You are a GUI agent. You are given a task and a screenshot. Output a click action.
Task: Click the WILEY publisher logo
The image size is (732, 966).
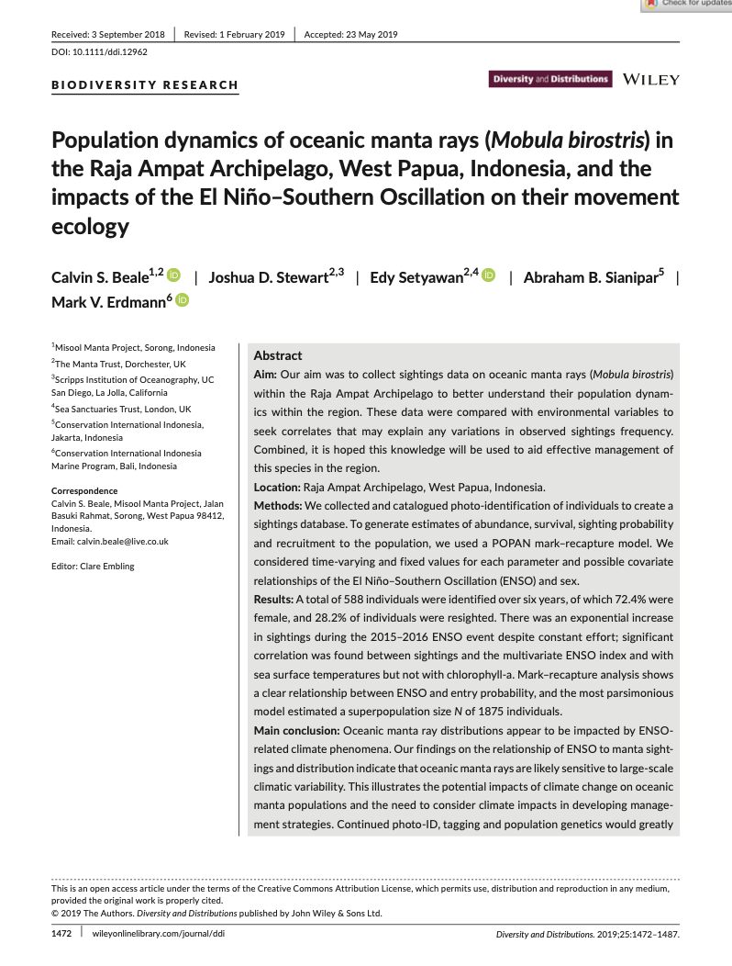(650, 80)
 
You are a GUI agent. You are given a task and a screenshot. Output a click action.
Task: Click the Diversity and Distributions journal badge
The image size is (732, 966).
(550, 80)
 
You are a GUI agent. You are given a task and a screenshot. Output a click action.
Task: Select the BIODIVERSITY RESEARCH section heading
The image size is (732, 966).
(145, 85)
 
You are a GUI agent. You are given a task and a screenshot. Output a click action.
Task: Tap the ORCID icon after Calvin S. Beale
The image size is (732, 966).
(174, 276)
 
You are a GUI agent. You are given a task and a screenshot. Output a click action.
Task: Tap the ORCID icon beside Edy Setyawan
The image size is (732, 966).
(488, 276)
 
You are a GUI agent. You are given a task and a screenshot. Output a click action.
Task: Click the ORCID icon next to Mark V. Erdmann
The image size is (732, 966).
(182, 300)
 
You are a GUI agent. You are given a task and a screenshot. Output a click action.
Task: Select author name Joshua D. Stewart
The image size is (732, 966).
(268, 277)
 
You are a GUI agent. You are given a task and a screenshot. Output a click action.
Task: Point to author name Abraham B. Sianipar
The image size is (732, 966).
(590, 277)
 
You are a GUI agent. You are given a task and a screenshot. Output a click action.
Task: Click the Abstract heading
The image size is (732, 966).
(277, 355)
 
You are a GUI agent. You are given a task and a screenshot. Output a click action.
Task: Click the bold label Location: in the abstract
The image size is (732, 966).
(280, 488)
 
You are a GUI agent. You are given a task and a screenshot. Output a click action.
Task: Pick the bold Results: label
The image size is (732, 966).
(275, 599)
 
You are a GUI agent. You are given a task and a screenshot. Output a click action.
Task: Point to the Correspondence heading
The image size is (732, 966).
(84, 491)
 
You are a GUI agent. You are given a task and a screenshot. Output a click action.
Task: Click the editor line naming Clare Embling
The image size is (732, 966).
(93, 566)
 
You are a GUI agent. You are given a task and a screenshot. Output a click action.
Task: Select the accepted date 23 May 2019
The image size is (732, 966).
(350, 35)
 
